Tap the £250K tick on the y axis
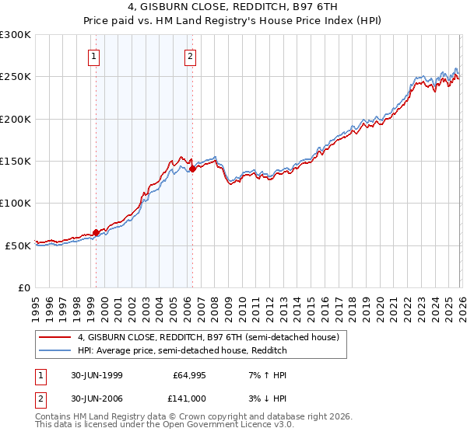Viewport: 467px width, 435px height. (x=16, y=77)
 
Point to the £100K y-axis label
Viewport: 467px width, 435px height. (x=16, y=203)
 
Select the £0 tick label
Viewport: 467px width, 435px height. (x=23, y=287)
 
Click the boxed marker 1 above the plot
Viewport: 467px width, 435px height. (x=93, y=55)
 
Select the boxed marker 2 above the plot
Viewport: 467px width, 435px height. (x=190, y=55)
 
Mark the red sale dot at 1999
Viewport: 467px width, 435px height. (x=97, y=232)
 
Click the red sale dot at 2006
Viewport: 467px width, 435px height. (x=192, y=168)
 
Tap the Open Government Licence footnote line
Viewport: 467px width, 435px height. (x=165, y=426)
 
